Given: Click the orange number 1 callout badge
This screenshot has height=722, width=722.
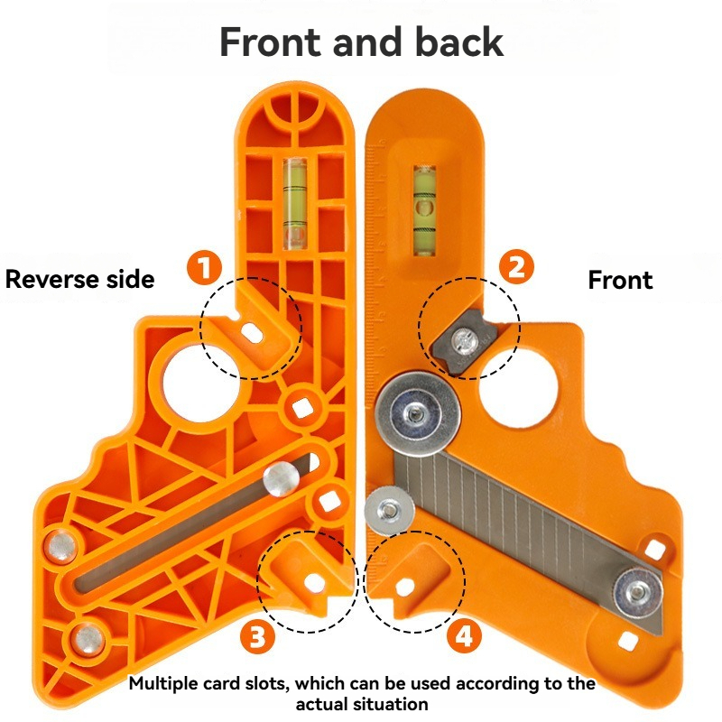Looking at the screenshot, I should pyautogui.click(x=204, y=268).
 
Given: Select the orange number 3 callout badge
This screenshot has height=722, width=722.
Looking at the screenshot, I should pyautogui.click(x=257, y=637).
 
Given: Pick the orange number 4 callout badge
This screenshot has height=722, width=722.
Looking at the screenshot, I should pyautogui.click(x=464, y=637).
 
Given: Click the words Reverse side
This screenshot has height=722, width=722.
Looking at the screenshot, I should pyautogui.click(x=79, y=279).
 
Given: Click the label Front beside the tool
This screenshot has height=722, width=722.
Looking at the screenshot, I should pyautogui.click(x=620, y=280).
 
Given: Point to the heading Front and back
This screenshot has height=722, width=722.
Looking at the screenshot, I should pyautogui.click(x=361, y=42).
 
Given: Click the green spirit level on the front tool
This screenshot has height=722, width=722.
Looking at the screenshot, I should pyautogui.click(x=422, y=208).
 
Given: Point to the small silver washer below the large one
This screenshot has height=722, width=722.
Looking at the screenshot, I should pyautogui.click(x=389, y=510).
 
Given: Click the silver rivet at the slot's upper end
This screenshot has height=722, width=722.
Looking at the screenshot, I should pyautogui.click(x=282, y=477).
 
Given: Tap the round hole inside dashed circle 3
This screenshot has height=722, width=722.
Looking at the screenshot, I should pyautogui.click(x=316, y=583).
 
